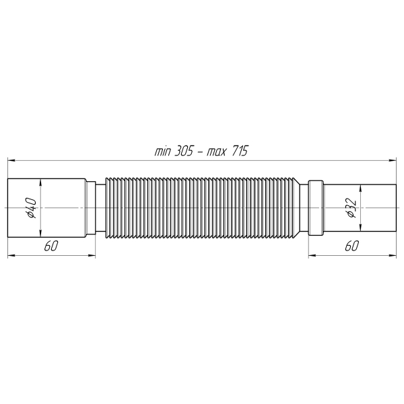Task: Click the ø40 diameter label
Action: click(x=32, y=208)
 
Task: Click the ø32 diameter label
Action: click(x=351, y=208)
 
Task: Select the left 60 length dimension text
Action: click(x=51, y=246)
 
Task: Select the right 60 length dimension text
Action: click(x=352, y=246)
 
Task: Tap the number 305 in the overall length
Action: click(x=184, y=151)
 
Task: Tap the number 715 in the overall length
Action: click(x=240, y=151)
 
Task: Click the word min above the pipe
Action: click(x=162, y=151)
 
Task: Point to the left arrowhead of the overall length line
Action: click(x=12, y=160)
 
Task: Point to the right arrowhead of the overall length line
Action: click(x=392, y=160)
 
